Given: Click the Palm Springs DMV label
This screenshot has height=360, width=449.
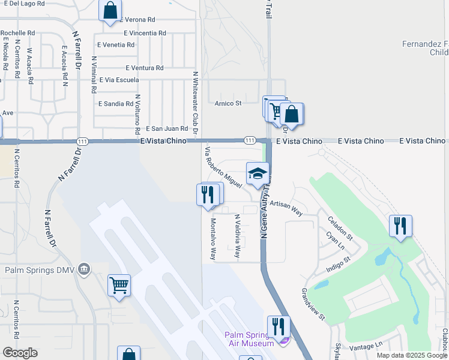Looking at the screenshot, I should pyautogui.click(x=39, y=270).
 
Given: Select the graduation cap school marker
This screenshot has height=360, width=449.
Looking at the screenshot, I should pyautogui.click(x=258, y=174).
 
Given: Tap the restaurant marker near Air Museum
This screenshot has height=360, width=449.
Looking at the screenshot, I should pyautogui.click(x=278, y=327).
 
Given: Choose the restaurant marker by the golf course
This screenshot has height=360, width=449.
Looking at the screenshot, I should pyautogui.click(x=400, y=226).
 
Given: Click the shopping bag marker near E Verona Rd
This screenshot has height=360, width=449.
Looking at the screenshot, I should pyautogui.click(x=110, y=10).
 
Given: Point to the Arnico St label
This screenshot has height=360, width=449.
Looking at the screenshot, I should pyautogui.click(x=228, y=103).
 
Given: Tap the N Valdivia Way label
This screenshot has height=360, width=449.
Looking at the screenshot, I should pyautogui.click(x=237, y=236).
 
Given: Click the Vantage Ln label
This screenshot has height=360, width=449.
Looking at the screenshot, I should pyautogui.click(x=366, y=345).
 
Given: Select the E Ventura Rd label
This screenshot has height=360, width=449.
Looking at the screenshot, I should pyautogui.click(x=144, y=68).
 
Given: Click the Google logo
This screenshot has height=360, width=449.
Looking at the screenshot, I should pyautogui.click(x=20, y=353).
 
